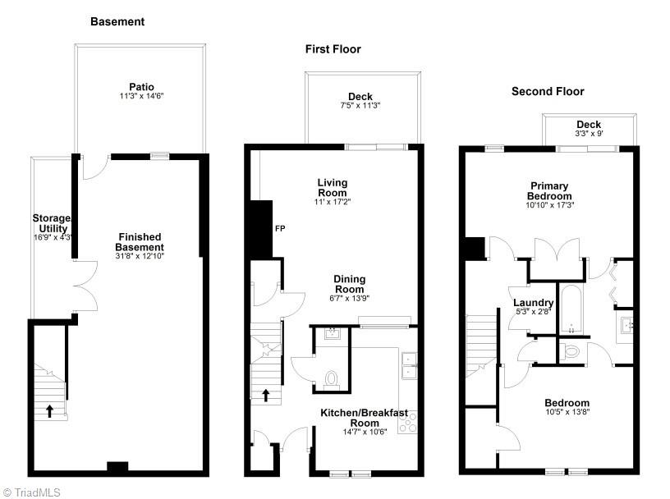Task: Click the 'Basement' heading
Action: coord(117,22)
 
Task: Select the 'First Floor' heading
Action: coord(333,49)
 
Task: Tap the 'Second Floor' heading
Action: coord(548,91)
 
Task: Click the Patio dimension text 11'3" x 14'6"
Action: coord(141,96)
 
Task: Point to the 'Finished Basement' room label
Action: coord(139,242)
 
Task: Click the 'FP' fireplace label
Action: coord(279,228)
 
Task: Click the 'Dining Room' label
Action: coord(349,284)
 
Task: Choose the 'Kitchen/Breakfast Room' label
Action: coord(363,418)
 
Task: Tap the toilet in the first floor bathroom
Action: coord(332,379)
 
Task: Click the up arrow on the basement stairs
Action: coord(49,410)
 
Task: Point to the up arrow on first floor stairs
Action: coord(266,396)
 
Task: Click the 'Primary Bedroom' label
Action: coord(549,191)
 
